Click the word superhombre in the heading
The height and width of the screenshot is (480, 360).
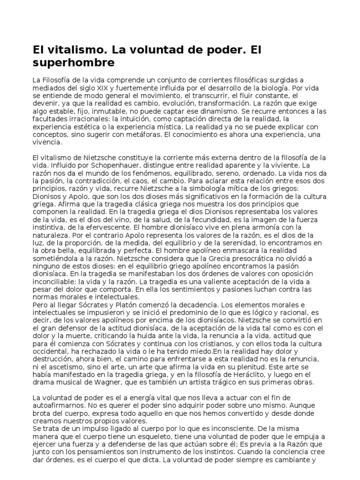[x=74, y=62]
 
